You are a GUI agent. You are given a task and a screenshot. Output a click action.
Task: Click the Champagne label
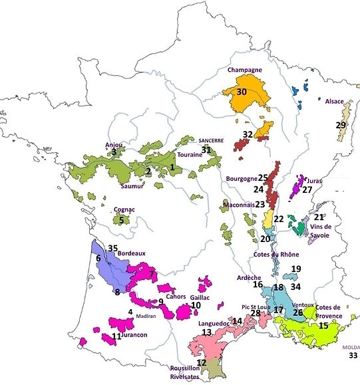point(244,69)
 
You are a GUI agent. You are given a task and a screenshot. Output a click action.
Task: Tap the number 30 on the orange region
point(242,92)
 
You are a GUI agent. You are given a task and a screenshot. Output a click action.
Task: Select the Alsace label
point(334,102)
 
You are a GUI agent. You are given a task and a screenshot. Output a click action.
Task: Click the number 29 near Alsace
point(341,125)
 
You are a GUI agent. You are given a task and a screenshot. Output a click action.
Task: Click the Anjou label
point(113,144)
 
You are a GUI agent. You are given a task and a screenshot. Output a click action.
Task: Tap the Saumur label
point(130,186)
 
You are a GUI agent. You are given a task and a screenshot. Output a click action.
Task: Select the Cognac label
point(124,209)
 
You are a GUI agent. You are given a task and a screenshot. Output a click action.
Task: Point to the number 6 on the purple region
point(98,258)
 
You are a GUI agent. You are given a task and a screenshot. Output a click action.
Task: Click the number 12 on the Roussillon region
point(202,362)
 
